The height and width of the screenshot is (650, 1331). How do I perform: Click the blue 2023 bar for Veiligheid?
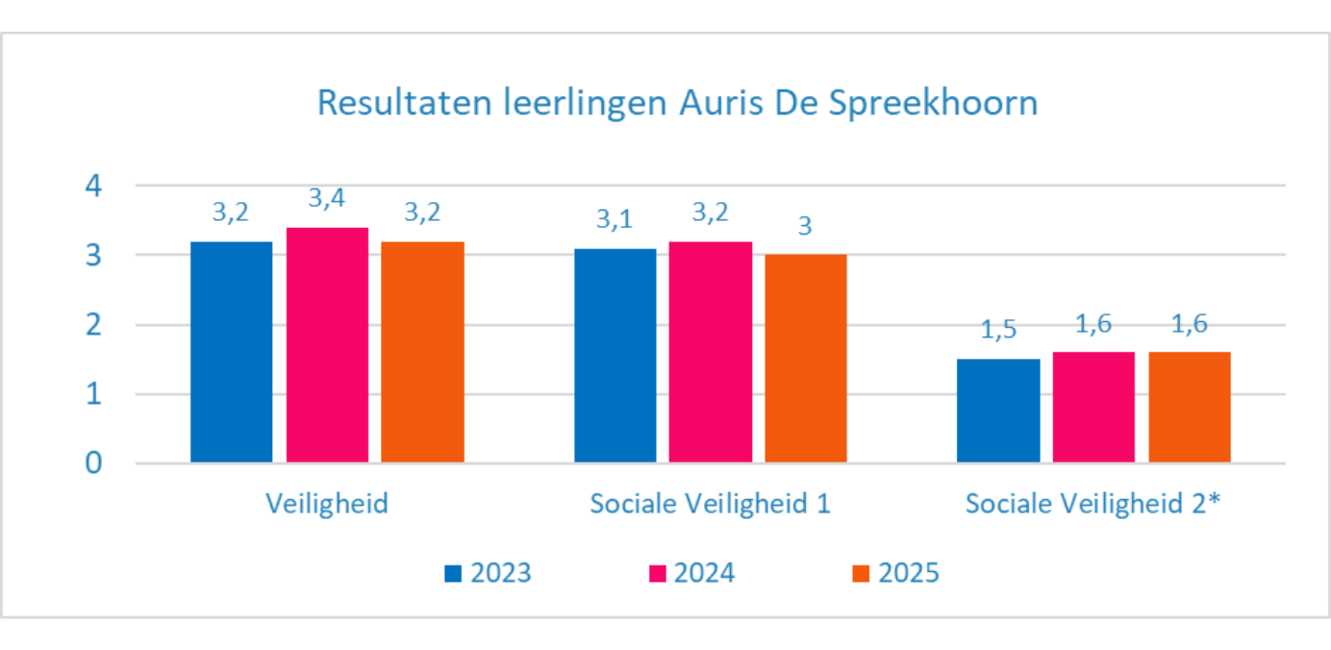click(x=231, y=352)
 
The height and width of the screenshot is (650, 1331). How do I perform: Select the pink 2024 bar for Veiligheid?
click(x=327, y=345)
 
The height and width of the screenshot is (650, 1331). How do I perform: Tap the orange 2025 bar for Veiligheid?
click(x=422, y=352)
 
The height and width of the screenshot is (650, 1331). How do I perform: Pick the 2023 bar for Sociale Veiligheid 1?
click(x=615, y=356)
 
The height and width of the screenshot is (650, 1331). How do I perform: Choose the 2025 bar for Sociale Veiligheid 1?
click(x=806, y=359)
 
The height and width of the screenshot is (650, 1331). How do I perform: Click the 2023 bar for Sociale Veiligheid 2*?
click(x=998, y=411)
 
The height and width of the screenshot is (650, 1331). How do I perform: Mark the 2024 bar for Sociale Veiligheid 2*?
click(x=1093, y=408)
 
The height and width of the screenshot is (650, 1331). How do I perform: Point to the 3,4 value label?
click(x=327, y=199)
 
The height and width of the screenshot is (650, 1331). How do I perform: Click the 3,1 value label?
click(x=615, y=219)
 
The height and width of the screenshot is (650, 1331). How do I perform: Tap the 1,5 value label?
click(x=998, y=330)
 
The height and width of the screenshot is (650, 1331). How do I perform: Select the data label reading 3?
click(x=806, y=226)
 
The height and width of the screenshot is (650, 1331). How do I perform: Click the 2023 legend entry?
click(x=489, y=573)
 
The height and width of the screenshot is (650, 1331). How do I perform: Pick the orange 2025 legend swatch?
click(x=862, y=574)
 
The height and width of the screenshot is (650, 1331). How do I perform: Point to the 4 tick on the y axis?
click(x=94, y=185)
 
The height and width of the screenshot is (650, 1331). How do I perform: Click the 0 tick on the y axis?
click(x=94, y=463)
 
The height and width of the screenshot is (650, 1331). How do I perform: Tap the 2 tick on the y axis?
click(x=94, y=325)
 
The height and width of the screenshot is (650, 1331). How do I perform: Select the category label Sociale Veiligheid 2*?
click(x=1093, y=504)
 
